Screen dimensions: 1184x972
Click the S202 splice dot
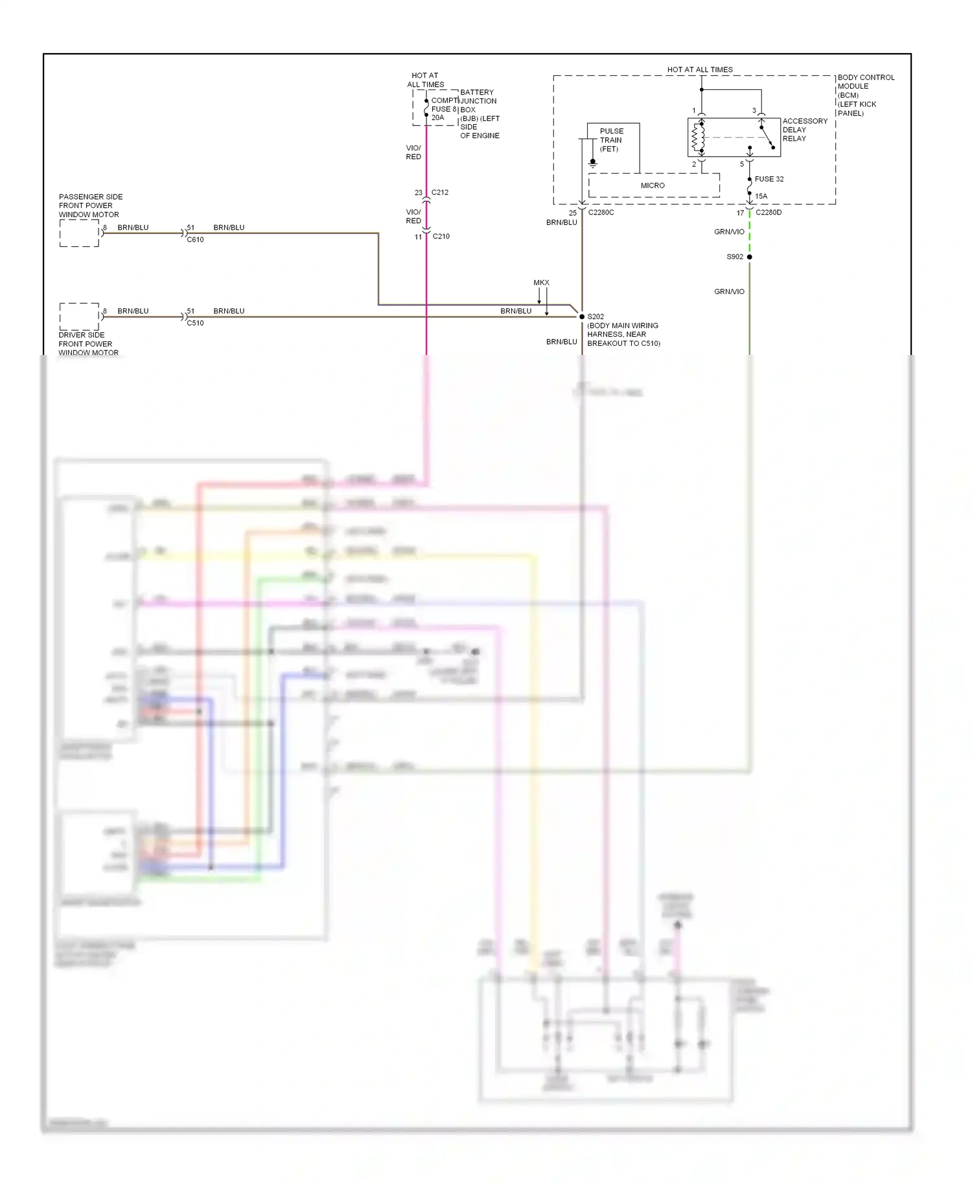click(582, 317)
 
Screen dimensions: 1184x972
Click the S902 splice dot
click(750, 257)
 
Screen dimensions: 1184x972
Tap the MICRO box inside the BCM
click(653, 185)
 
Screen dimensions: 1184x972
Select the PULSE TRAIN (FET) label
click(611, 140)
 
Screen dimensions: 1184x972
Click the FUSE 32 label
click(769, 179)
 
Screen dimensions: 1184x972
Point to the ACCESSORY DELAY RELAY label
click(804, 130)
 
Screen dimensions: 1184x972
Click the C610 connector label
click(195, 240)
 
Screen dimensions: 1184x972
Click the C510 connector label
click(195, 323)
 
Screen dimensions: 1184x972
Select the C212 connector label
click(440, 192)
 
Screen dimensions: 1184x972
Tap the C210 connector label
click(441, 236)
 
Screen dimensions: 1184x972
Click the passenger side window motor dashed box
click(79, 233)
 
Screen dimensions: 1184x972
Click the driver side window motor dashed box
click(79, 316)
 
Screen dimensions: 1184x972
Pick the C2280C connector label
click(601, 212)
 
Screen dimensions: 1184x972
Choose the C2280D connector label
click(769, 212)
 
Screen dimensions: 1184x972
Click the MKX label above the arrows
click(541, 283)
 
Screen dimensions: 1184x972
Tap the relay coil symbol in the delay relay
click(698, 137)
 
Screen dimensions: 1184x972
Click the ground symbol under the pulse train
click(592, 164)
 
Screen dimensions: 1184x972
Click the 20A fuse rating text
click(438, 118)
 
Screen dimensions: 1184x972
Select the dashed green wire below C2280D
click(750, 232)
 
